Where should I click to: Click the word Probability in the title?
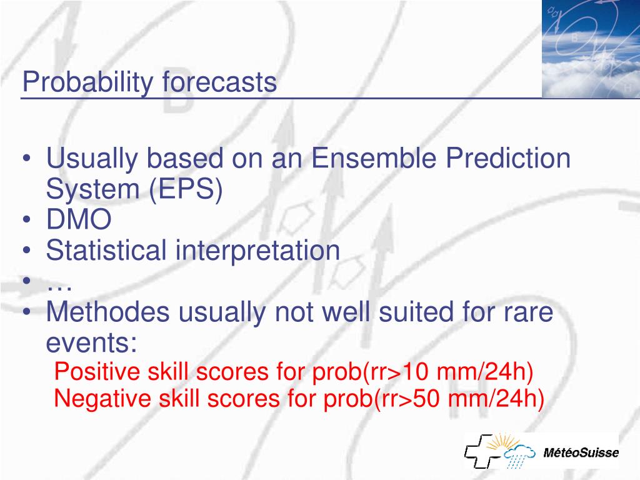click(x=87, y=82)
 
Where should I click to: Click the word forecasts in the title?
click(x=219, y=81)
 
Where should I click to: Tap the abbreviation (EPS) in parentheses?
click(x=186, y=189)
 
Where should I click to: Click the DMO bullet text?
click(x=79, y=219)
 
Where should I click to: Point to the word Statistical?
click(x=106, y=250)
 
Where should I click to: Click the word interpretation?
click(x=257, y=251)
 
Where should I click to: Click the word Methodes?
click(x=107, y=311)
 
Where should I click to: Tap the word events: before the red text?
click(x=91, y=343)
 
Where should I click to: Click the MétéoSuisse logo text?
click(x=581, y=452)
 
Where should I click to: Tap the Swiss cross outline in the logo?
click(x=482, y=451)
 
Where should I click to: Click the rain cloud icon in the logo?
click(x=519, y=456)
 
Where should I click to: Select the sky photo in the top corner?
click(x=591, y=49)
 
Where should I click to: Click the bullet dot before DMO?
click(x=27, y=219)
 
